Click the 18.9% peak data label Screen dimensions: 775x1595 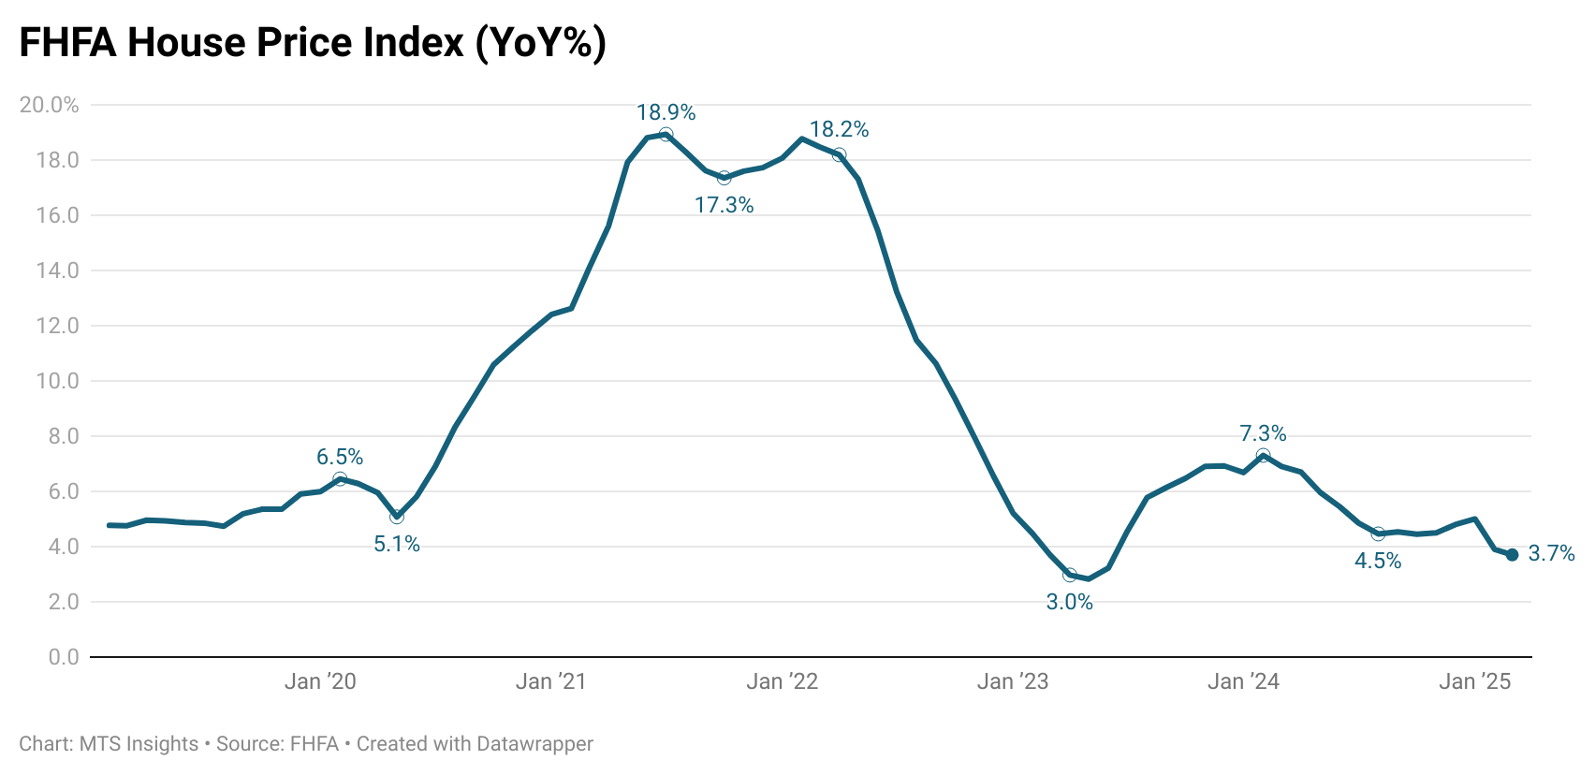click(666, 112)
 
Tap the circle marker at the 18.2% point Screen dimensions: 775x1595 click(840, 154)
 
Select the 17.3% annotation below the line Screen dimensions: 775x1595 click(724, 205)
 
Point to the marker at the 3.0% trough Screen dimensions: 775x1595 click(1070, 575)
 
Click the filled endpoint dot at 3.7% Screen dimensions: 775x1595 click(1512, 555)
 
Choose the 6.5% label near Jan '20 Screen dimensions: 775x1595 click(339, 457)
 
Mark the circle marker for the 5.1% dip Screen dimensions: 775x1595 click(397, 517)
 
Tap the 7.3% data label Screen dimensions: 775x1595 click(1263, 433)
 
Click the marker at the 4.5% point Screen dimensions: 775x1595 click(1378, 534)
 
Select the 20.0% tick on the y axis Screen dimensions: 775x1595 click(49, 105)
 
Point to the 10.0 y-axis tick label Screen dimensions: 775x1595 click(57, 381)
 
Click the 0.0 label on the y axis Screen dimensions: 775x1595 click(64, 657)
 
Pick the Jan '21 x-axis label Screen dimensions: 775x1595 click(550, 681)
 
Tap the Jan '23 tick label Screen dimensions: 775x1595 click(1013, 681)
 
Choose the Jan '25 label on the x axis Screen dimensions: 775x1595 click(1474, 681)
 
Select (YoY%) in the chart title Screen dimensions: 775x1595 click(540, 43)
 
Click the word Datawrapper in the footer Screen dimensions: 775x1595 click(534, 744)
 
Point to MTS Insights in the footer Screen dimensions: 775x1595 click(139, 744)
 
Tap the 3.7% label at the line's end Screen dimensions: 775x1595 click(1551, 554)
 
